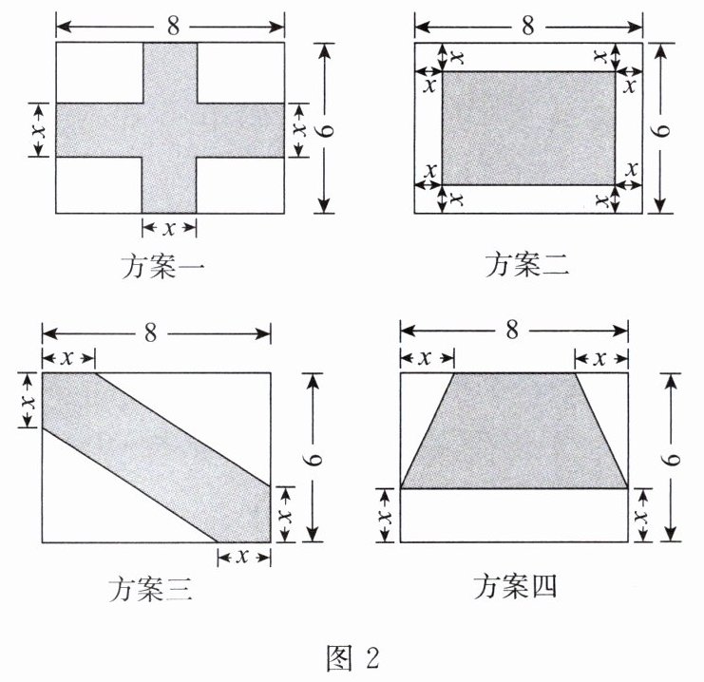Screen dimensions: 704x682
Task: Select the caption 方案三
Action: [x=151, y=591]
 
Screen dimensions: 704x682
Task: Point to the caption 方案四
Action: [x=515, y=588]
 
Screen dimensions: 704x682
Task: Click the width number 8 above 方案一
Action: [x=170, y=20]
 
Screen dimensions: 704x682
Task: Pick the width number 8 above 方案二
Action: [x=527, y=23]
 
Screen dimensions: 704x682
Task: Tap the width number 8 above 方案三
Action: [x=152, y=332]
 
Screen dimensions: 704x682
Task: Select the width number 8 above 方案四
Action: [x=512, y=330]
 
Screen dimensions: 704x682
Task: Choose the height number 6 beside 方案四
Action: [x=672, y=458]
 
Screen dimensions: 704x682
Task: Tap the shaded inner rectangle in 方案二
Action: [x=527, y=127]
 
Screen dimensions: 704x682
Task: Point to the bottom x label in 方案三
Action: [x=243, y=557]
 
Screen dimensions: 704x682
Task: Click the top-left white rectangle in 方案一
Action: [x=99, y=71]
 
